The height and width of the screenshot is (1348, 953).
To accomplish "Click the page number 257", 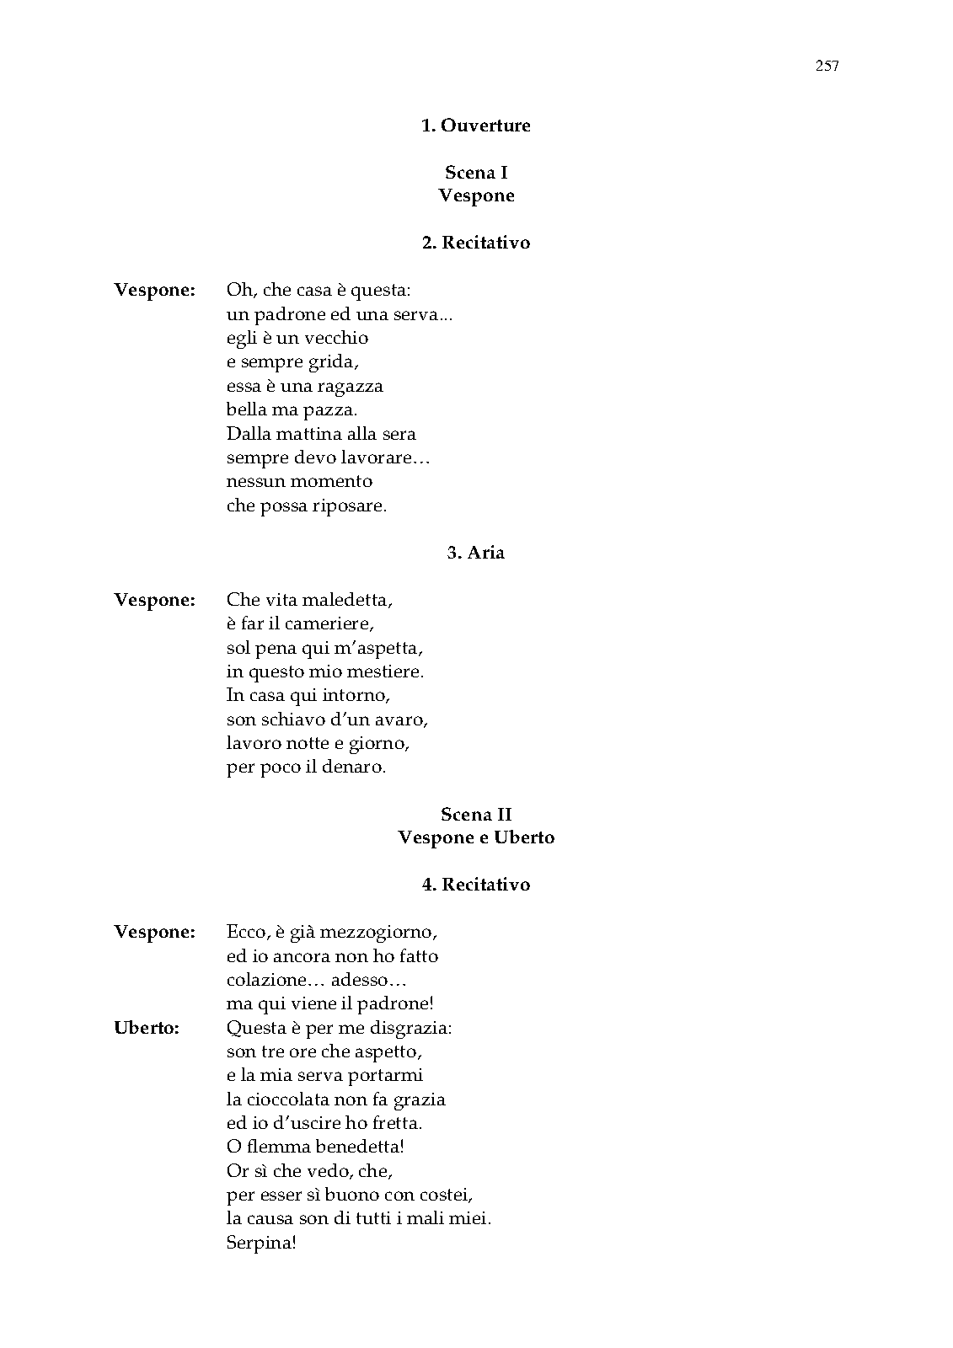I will click(827, 67).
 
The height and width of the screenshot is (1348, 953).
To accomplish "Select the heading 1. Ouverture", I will click(475, 126).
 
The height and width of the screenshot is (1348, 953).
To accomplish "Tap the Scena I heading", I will click(476, 173).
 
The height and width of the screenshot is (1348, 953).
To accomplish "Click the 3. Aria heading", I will click(475, 553).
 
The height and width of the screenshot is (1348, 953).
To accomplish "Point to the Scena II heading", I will click(476, 814).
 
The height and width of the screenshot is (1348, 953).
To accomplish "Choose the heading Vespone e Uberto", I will click(476, 837).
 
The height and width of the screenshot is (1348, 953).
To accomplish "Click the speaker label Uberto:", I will click(147, 1028).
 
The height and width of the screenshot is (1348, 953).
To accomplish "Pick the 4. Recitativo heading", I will click(475, 885).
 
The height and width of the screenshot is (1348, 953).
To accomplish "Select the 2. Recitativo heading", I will click(475, 243).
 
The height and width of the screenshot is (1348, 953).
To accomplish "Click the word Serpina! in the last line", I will click(261, 1243).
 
